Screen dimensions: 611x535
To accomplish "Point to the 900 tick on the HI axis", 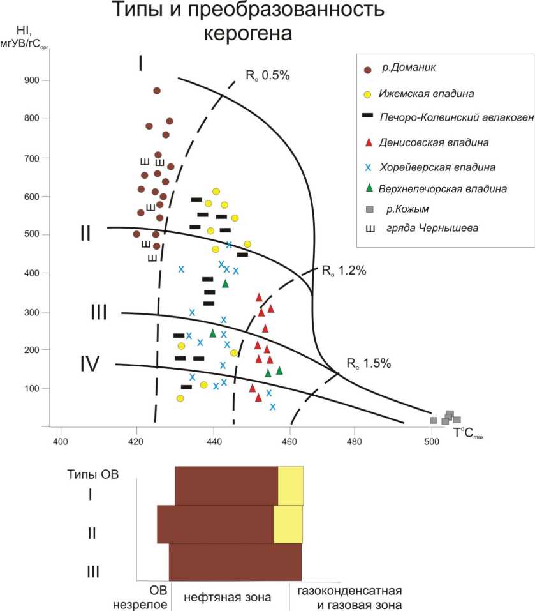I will click(x=30, y=80).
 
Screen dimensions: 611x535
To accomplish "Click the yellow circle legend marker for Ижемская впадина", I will click(x=367, y=94).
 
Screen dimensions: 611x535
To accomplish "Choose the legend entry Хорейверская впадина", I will click(x=437, y=167).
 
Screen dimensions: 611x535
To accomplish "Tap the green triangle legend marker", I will click(x=367, y=188).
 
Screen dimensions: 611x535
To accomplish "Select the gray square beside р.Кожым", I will click(x=368, y=209).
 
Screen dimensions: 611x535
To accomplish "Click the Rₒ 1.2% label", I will click(x=344, y=271).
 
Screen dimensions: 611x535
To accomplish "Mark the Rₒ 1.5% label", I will click(x=368, y=364).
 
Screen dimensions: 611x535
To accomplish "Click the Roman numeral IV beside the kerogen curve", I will click(x=89, y=364).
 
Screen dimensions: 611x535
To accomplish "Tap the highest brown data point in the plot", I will click(x=157, y=91).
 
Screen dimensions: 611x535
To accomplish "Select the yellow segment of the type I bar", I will click(x=291, y=485).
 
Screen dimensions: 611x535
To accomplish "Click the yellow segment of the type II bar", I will click(x=288, y=524).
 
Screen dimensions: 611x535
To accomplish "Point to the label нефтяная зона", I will click(x=228, y=597).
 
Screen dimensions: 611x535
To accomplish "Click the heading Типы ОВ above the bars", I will click(x=93, y=474).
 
